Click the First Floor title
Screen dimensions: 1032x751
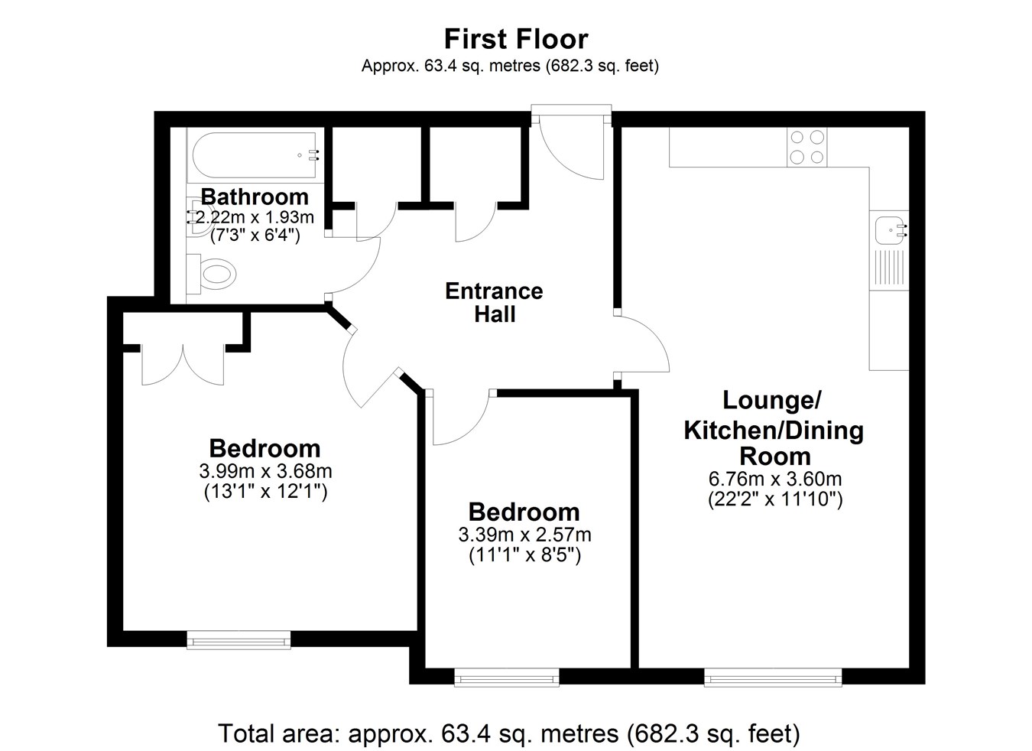click(x=515, y=39)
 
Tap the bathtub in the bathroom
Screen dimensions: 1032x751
click(x=254, y=155)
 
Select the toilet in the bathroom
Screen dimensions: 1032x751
click(x=212, y=274)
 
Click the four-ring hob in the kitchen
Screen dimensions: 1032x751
click(x=806, y=147)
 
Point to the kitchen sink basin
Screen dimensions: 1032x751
click(x=889, y=229)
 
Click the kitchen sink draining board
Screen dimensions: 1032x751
click(x=889, y=268)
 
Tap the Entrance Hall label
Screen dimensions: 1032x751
click(x=494, y=303)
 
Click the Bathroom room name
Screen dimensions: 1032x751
click(x=255, y=197)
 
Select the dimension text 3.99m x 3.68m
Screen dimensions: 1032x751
click(x=265, y=471)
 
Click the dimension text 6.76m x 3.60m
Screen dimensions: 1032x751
click(x=775, y=479)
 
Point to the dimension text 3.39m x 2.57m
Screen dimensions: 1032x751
click(x=524, y=535)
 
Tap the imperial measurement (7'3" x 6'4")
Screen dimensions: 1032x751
click(x=255, y=236)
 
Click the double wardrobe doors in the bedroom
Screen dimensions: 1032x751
click(x=183, y=365)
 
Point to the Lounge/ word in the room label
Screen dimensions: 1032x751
click(x=772, y=400)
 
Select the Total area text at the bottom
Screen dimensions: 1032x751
click(x=508, y=733)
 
